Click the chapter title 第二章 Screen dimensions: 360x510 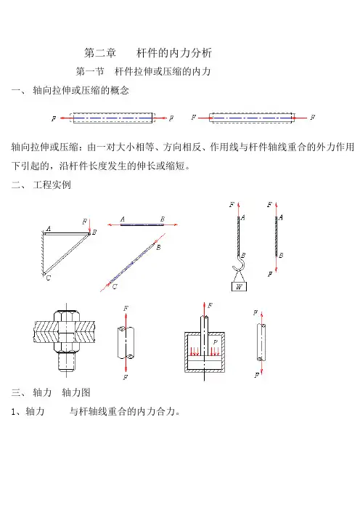click(x=99, y=53)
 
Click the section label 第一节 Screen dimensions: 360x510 click(x=90, y=71)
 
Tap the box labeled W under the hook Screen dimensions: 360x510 click(x=239, y=286)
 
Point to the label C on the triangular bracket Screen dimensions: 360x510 click(x=49, y=278)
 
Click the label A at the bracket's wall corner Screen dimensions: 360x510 click(x=49, y=229)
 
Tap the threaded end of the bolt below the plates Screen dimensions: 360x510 click(x=67, y=361)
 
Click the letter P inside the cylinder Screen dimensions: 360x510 click(x=215, y=342)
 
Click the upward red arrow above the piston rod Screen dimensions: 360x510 click(x=205, y=309)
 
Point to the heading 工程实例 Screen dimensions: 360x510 click(x=52, y=185)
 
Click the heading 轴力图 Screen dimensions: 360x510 click(x=76, y=392)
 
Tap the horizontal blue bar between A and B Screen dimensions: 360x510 click(x=142, y=224)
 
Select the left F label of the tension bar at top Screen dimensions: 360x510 click(x=54, y=118)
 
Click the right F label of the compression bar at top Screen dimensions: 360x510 click(x=313, y=117)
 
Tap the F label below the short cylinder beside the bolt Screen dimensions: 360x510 click(x=126, y=377)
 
